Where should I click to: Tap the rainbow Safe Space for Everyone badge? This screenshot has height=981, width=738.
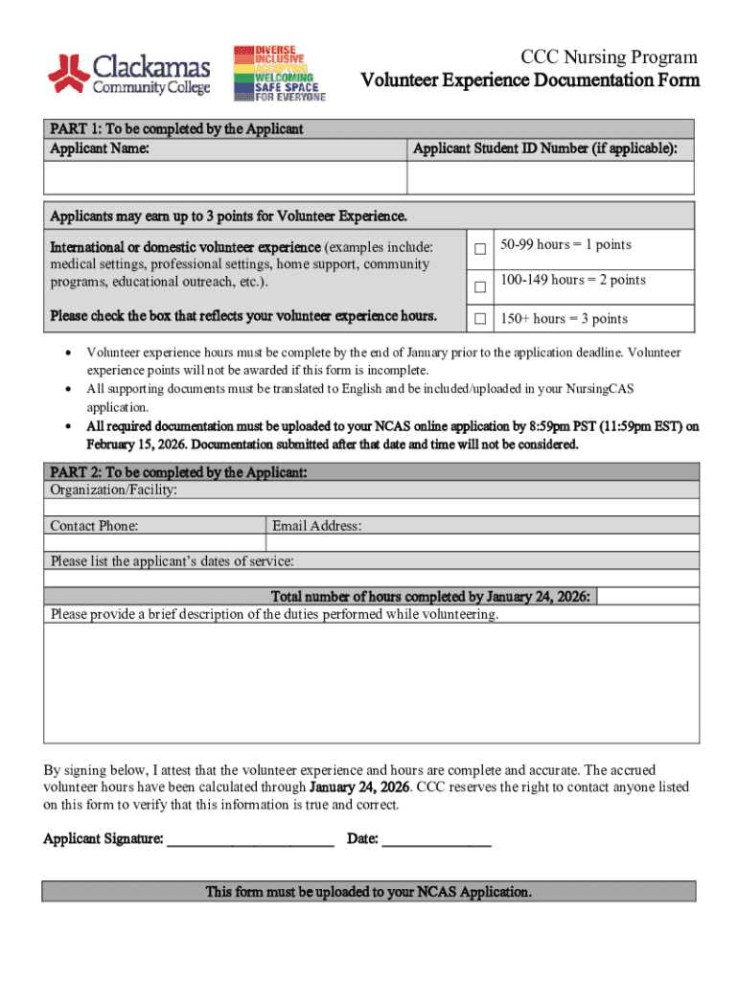coord(278,73)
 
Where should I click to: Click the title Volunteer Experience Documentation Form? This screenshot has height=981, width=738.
coord(530,80)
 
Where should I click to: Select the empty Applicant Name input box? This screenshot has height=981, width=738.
coord(225,178)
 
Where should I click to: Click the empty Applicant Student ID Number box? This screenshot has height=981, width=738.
coord(550,178)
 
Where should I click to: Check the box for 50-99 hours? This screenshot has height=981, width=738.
coord(480,249)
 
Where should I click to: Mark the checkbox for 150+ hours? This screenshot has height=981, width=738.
coord(480,319)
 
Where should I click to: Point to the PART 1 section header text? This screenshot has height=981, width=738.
coord(176,128)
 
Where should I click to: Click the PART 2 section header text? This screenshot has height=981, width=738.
coord(178,472)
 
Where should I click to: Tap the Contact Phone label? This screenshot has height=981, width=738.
coord(94,526)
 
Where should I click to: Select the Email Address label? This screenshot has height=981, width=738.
coord(316,526)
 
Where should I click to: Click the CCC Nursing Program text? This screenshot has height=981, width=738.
coord(609,57)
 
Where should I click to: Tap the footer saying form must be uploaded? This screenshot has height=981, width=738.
coord(369,892)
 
